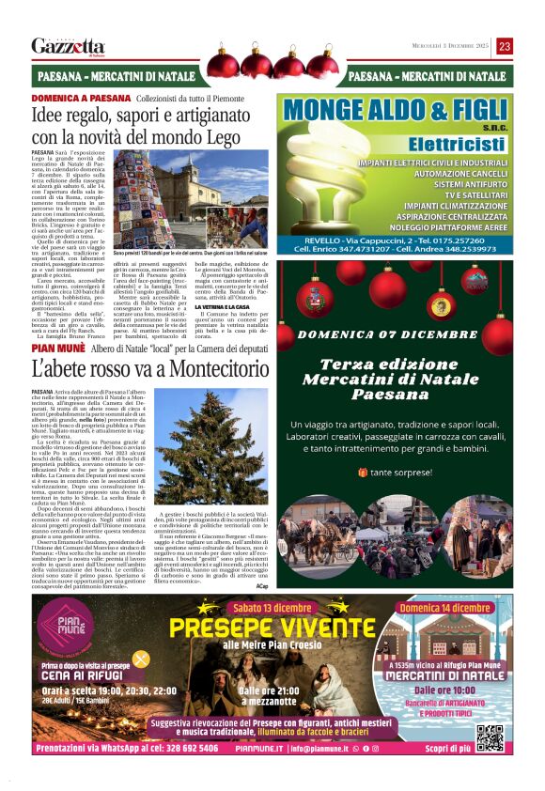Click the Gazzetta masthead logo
68,46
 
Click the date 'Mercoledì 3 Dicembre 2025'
452,46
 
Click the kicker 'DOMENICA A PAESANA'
81,98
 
